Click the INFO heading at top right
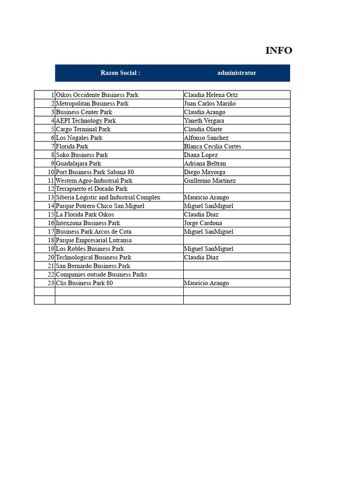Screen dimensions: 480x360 click(x=278, y=51)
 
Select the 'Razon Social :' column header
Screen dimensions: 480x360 click(x=120, y=73)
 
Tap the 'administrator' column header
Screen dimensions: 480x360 click(x=237, y=73)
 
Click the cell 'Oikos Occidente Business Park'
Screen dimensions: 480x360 click(x=97, y=95)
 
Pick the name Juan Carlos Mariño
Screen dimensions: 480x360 click(x=210, y=104)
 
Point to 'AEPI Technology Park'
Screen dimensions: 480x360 click(x=86, y=121)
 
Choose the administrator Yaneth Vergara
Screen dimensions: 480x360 click(x=204, y=121)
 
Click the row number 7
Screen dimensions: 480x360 click(x=53, y=146)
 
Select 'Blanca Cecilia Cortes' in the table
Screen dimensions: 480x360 click(x=212, y=146)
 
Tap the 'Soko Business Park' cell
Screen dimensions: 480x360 click(x=82, y=155)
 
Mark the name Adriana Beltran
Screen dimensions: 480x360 click(x=205, y=164)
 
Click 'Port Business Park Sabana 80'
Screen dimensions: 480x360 click(x=95, y=172)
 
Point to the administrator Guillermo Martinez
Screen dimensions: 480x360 click(x=210, y=180)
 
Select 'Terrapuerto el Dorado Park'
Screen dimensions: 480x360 click(x=91, y=189)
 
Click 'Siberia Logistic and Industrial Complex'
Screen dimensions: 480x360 click(x=108, y=198)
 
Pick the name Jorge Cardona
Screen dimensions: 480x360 click(x=203, y=223)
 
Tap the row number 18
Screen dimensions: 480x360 click(x=51, y=240)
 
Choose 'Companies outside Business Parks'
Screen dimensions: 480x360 click(x=101, y=275)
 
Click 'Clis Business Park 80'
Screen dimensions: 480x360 click(x=84, y=283)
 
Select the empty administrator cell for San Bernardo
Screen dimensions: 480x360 click(x=237, y=266)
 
